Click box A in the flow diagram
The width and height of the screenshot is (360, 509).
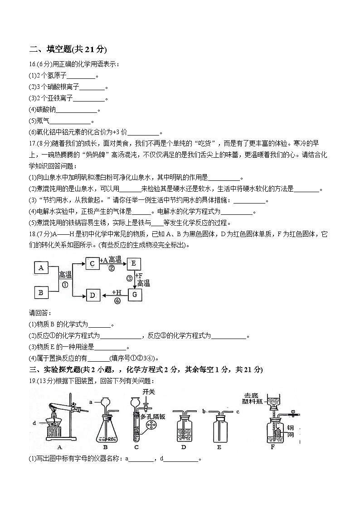[41, 268]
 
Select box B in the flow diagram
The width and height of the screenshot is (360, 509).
[41, 292]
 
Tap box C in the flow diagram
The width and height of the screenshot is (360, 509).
[92, 263]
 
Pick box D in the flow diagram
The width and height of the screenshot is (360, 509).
[92, 296]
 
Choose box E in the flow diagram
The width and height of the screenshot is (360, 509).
[134, 263]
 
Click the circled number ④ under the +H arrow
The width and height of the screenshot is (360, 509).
[117, 301]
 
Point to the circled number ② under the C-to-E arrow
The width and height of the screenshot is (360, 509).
[111, 268]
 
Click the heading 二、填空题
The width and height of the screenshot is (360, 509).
[68, 49]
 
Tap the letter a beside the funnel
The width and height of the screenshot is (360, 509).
[91, 402]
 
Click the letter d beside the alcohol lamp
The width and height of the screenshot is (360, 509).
[34, 424]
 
